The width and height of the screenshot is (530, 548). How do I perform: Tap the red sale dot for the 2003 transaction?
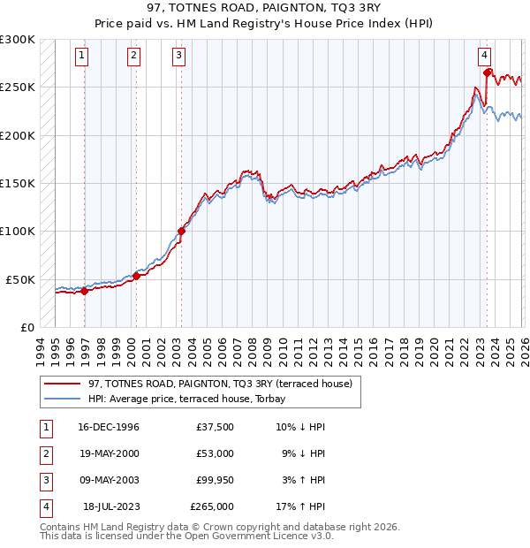[x=181, y=232]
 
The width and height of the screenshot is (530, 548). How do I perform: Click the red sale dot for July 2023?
[x=488, y=72]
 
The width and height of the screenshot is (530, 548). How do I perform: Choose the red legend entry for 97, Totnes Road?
[x=221, y=384]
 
